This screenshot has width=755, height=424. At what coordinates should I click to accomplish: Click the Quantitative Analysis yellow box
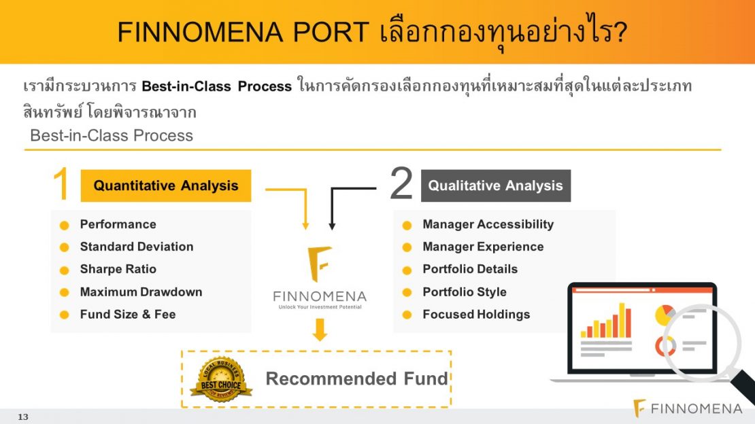point(166,185)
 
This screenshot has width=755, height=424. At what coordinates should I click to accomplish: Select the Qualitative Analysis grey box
point(495,185)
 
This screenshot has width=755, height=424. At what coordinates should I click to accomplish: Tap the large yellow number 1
point(61,183)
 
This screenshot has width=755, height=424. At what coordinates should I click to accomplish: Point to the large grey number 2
point(401,183)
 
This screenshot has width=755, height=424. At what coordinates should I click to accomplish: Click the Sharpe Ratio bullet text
point(118,269)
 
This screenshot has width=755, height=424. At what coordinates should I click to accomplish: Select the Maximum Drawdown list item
point(141,291)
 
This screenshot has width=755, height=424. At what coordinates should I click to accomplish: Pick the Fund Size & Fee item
point(128,315)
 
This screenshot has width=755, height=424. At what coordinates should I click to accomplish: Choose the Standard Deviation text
point(137,247)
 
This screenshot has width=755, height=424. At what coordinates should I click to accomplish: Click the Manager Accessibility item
point(488,224)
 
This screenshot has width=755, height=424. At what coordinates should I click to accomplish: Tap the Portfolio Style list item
point(465,291)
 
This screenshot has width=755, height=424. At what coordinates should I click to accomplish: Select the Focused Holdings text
point(476,315)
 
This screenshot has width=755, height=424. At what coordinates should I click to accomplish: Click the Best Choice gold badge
point(221,379)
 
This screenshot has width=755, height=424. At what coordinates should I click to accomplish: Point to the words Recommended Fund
point(357,378)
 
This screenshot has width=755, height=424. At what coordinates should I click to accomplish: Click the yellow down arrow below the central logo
point(320,330)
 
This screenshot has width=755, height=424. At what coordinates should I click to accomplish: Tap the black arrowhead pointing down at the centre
point(332,226)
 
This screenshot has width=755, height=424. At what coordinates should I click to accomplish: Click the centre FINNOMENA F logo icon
point(319,264)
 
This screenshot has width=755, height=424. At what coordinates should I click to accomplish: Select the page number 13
point(23,417)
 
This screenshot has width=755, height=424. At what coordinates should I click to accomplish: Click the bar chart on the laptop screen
point(606,321)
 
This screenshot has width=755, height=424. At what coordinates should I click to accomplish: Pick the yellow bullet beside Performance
point(64,225)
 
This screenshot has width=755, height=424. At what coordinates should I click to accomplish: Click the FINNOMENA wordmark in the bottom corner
point(696,408)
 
